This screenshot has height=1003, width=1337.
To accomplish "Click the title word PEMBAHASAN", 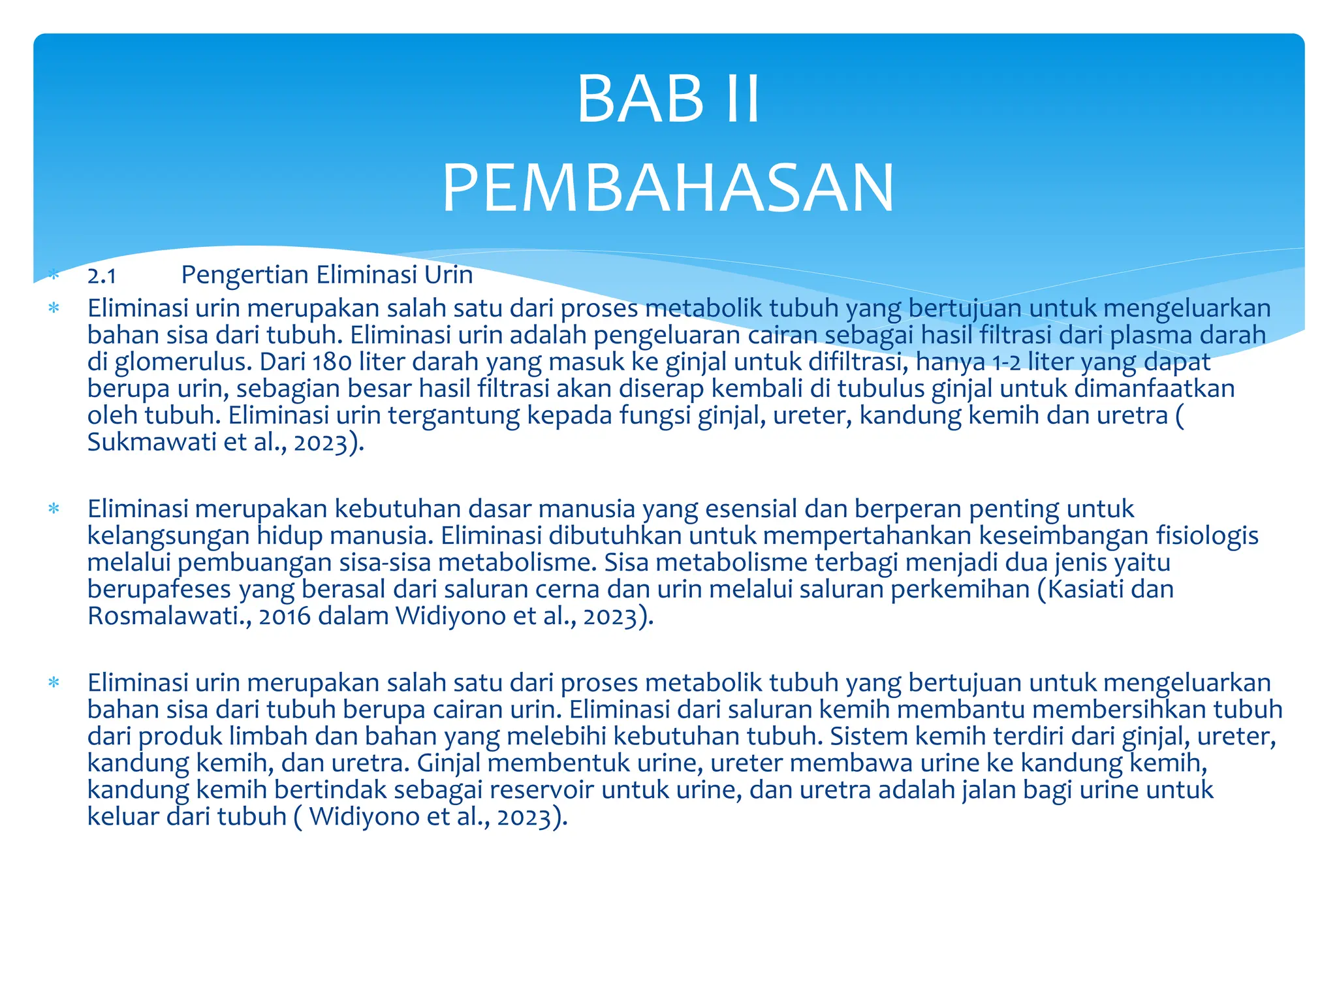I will [668, 189].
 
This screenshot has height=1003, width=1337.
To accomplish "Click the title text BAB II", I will [668, 99].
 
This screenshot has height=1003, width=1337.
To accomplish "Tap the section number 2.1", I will [102, 276].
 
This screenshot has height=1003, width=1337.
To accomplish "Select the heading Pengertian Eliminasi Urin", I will [326, 275].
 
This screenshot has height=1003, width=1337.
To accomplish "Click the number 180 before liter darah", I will [332, 362].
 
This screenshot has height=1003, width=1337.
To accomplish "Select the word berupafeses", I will [159, 589].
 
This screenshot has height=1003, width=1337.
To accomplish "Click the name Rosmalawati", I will [166, 616].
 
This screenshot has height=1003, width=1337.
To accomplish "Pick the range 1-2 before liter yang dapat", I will [1006, 362].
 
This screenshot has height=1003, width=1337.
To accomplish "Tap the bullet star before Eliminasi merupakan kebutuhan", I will [54, 509].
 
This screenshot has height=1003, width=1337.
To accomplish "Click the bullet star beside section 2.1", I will [54, 276].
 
